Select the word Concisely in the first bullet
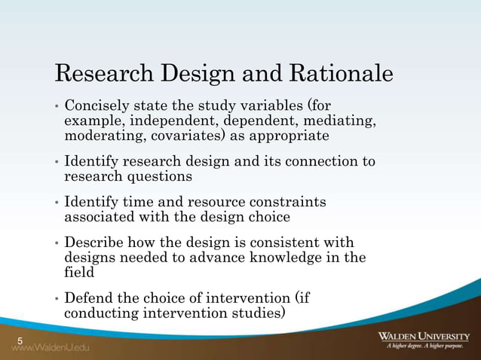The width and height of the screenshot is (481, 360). tap(97, 106)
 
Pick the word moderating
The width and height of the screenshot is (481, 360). tap(100, 136)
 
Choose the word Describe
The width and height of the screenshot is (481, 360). tap(93, 243)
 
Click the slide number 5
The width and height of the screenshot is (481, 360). tap(20, 342)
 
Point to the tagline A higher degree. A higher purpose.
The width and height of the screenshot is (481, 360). tap(427, 347)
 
